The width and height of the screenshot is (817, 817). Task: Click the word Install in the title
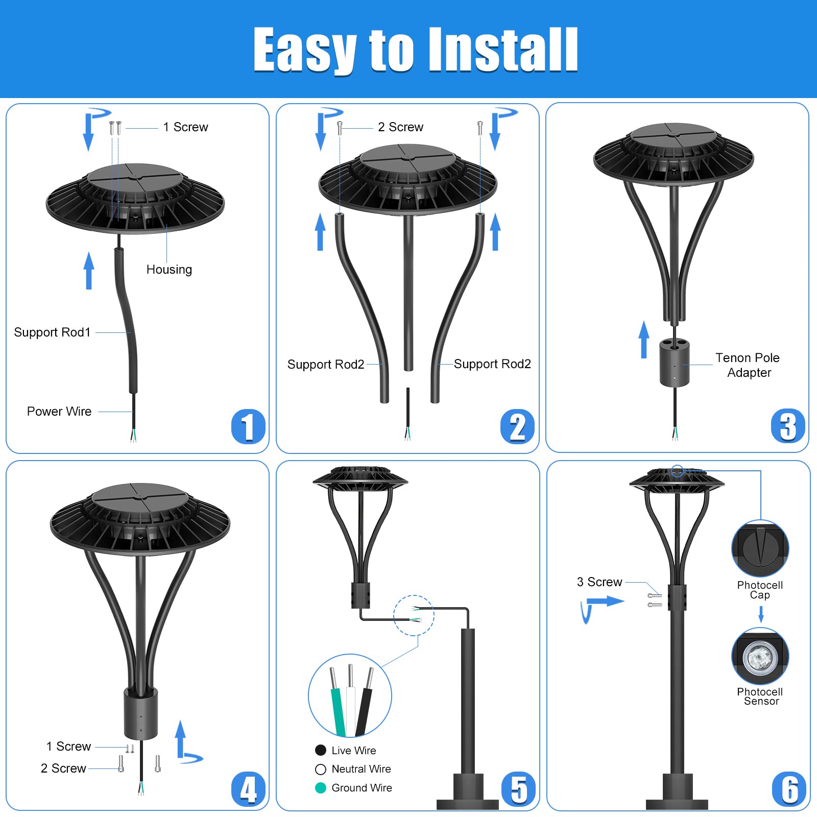tap(503, 50)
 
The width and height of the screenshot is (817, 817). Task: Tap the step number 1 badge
tap(248, 426)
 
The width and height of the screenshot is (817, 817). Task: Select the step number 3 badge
tap(787, 426)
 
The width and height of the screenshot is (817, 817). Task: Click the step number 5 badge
tap(518, 789)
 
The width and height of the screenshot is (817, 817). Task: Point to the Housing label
tap(169, 270)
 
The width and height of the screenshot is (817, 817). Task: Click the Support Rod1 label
tap(52, 332)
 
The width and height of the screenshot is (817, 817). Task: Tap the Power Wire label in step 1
tap(59, 412)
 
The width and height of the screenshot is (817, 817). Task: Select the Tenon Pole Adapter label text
tap(748, 365)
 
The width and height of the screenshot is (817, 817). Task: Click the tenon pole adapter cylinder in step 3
tap(674, 364)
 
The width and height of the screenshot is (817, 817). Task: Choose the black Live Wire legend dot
tap(321, 750)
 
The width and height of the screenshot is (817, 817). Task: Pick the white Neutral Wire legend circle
tap(321, 769)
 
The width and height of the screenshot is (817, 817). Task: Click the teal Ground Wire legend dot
tap(321, 788)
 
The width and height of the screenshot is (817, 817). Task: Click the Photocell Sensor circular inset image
tap(760, 657)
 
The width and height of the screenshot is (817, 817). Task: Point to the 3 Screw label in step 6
tap(599, 582)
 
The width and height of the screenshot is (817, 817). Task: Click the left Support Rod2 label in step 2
tap(326, 365)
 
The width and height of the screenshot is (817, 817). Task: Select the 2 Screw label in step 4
tap(63, 768)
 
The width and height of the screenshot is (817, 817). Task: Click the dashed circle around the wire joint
tap(414, 615)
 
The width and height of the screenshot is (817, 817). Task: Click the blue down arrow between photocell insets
tap(761, 613)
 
